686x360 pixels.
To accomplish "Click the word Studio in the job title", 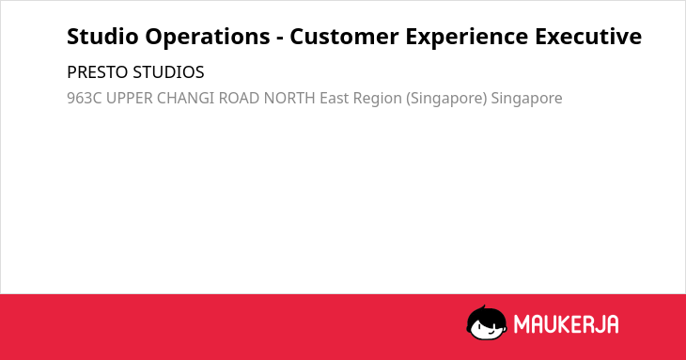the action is click(102, 37).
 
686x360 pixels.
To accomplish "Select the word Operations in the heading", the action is click(208, 38).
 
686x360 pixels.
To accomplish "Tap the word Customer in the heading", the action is click(344, 37).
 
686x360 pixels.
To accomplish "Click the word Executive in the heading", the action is click(588, 37).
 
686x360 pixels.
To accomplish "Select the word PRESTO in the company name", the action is click(98, 72).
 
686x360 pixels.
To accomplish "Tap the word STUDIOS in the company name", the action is click(169, 72).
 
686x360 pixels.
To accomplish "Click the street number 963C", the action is click(84, 98).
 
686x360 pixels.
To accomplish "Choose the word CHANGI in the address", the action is click(185, 98).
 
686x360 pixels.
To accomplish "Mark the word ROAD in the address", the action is click(239, 98).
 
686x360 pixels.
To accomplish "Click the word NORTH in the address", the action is click(289, 98).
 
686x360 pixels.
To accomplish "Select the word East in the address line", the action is click(335, 98).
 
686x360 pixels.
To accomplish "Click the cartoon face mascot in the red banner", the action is click(487, 322).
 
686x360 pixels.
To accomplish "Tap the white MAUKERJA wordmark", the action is click(566, 324).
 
